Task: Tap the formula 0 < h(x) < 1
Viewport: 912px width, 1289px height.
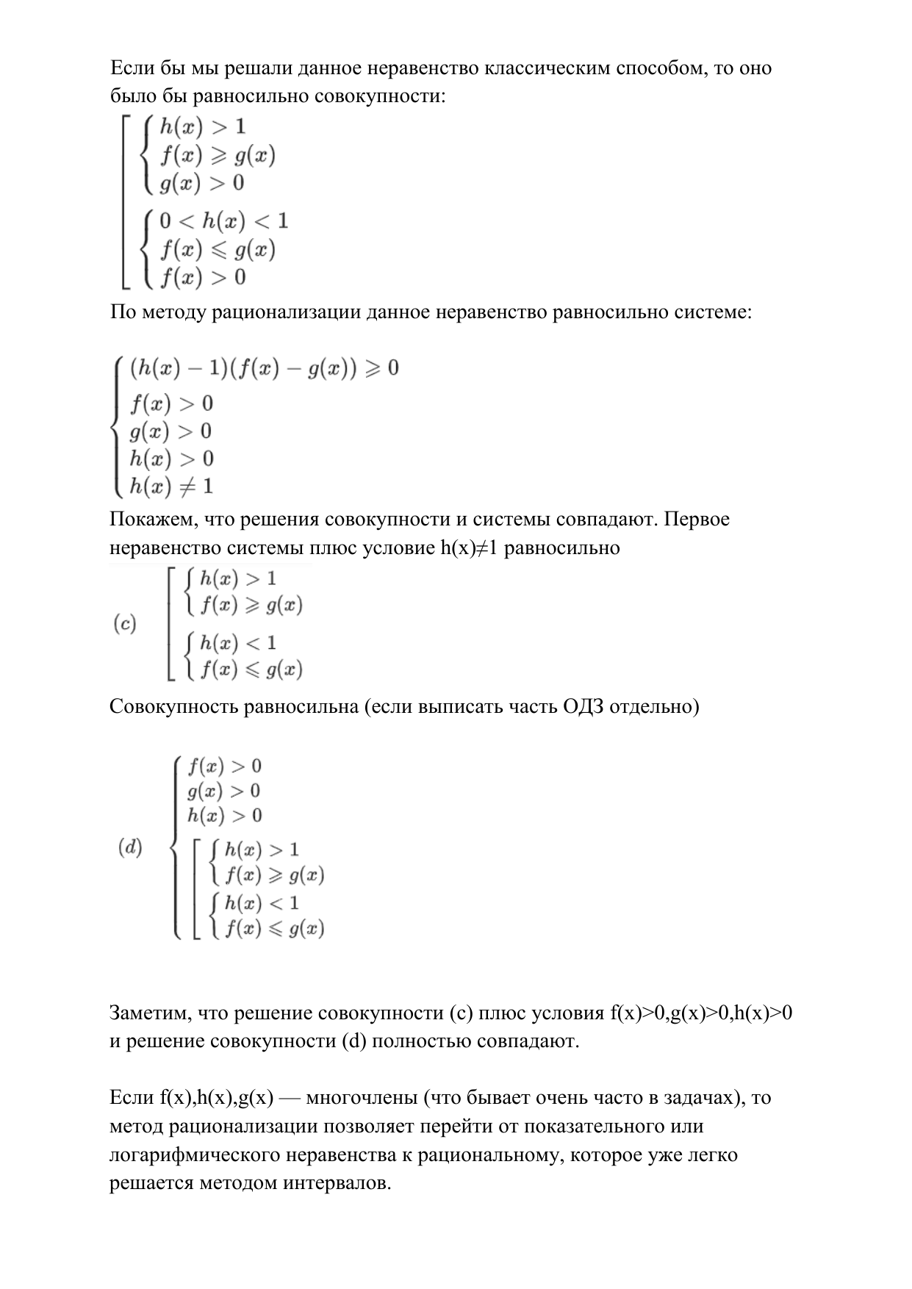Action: click(x=223, y=221)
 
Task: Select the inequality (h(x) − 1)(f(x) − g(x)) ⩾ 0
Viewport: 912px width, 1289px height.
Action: click(x=264, y=368)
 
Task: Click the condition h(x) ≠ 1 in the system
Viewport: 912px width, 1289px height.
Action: click(x=171, y=486)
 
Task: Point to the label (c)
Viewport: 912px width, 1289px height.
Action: click(x=124, y=625)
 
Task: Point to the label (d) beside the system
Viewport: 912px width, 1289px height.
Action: click(x=130, y=847)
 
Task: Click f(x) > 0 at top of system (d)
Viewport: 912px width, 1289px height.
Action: click(x=224, y=766)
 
